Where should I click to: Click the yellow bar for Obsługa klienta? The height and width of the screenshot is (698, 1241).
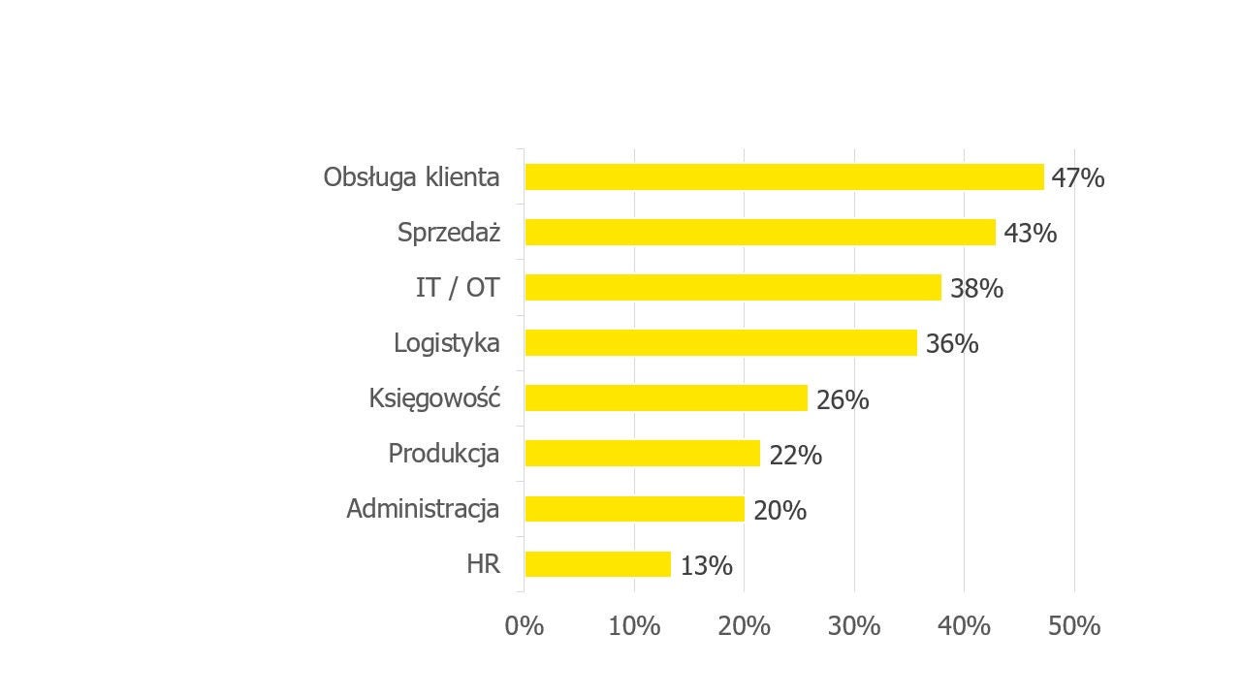(783, 177)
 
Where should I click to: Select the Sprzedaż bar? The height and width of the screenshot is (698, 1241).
(760, 233)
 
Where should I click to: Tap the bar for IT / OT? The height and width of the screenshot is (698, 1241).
(733, 288)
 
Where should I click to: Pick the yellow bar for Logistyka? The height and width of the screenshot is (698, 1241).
(720, 343)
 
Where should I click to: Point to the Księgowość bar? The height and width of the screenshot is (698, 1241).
(666, 398)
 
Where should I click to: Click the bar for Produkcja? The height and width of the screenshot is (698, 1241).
(642, 454)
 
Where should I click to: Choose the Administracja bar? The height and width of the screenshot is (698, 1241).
(634, 509)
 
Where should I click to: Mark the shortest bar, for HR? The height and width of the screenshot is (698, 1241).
(597, 564)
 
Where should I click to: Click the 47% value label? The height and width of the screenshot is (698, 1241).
(1078, 178)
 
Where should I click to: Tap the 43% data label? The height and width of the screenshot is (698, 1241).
(1030, 234)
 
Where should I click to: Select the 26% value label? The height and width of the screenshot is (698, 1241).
(843, 399)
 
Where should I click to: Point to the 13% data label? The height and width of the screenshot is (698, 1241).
(706, 566)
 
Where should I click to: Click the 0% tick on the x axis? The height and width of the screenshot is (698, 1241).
(525, 626)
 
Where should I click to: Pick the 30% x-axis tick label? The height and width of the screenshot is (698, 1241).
(854, 626)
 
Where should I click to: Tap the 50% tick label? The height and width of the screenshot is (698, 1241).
(1074, 626)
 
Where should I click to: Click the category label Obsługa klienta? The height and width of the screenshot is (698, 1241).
(412, 177)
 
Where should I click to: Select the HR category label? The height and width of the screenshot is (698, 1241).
(483, 564)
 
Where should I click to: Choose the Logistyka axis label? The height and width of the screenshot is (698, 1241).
(447, 343)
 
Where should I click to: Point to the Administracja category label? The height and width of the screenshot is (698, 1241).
(423, 509)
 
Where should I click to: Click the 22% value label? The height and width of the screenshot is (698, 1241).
(795, 455)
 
